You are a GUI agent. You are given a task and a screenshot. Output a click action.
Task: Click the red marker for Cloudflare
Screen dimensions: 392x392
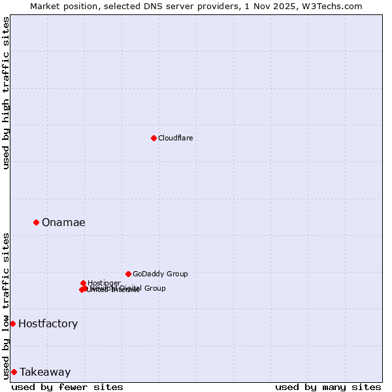[x=154, y=138]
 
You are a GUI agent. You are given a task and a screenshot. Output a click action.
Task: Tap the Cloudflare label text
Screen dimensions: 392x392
[x=175, y=138]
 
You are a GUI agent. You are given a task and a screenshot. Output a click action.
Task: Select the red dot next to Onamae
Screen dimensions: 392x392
[x=36, y=222]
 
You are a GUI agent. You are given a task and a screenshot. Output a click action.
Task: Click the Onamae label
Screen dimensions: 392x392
[x=63, y=222]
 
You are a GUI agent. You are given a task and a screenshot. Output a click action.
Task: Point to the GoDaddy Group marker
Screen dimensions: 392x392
[x=128, y=274]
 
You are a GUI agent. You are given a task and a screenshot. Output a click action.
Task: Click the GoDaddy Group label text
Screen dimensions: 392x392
[x=160, y=274]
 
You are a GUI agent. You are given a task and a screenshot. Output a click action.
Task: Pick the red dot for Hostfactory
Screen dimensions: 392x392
[x=12, y=323]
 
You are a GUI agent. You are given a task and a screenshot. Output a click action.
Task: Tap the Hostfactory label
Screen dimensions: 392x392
[x=48, y=323]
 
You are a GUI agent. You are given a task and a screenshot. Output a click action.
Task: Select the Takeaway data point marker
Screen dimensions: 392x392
[x=14, y=372]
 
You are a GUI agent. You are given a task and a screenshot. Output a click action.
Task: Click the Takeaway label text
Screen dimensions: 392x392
[x=44, y=372]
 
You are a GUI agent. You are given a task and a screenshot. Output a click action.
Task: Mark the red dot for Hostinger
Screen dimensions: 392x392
[x=84, y=283]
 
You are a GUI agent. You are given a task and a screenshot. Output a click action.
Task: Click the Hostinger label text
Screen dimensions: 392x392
[x=105, y=283]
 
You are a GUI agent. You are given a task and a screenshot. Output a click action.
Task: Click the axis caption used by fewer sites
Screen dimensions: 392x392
[x=67, y=387]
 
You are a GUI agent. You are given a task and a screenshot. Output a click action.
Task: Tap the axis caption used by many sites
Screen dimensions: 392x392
[x=328, y=387]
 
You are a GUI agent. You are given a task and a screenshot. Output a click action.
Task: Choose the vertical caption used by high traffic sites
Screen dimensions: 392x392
[x=6, y=93]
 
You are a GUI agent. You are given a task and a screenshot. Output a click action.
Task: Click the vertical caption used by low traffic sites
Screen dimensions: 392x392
[x=6, y=305]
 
